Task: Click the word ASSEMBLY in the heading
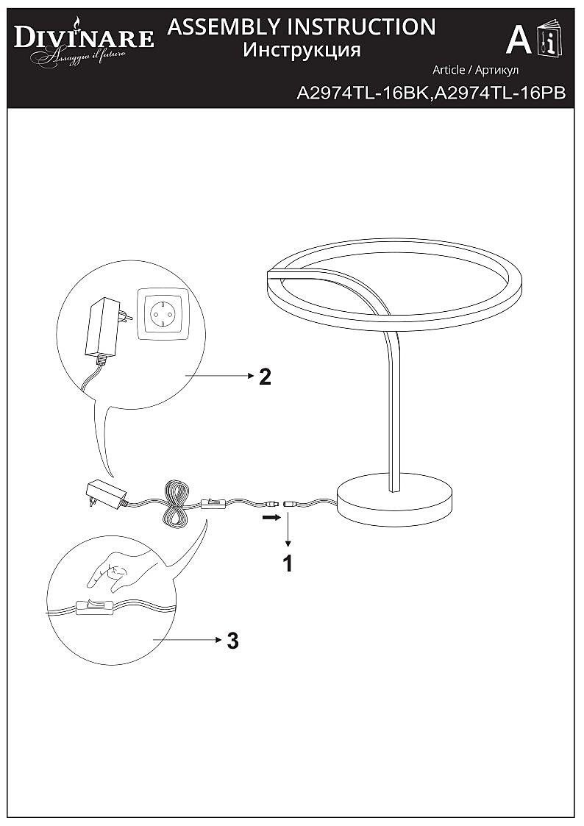[224, 27]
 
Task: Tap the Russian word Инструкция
[302, 50]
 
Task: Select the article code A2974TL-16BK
[363, 93]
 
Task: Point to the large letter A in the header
[519, 40]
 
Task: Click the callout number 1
[288, 563]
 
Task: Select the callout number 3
[232, 641]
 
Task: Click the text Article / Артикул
[476, 70]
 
